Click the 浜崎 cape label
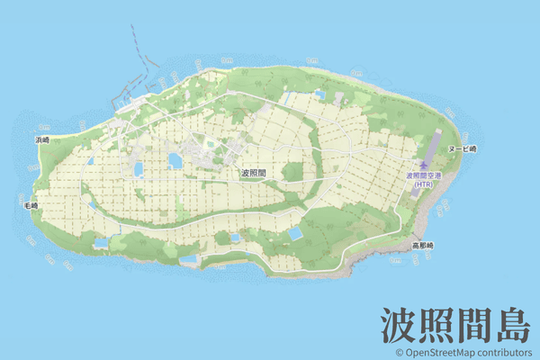pos(42,140)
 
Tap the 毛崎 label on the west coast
pos(31,206)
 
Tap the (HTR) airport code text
pos(424,184)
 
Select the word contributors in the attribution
pos(505,353)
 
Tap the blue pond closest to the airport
pos(294,234)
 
